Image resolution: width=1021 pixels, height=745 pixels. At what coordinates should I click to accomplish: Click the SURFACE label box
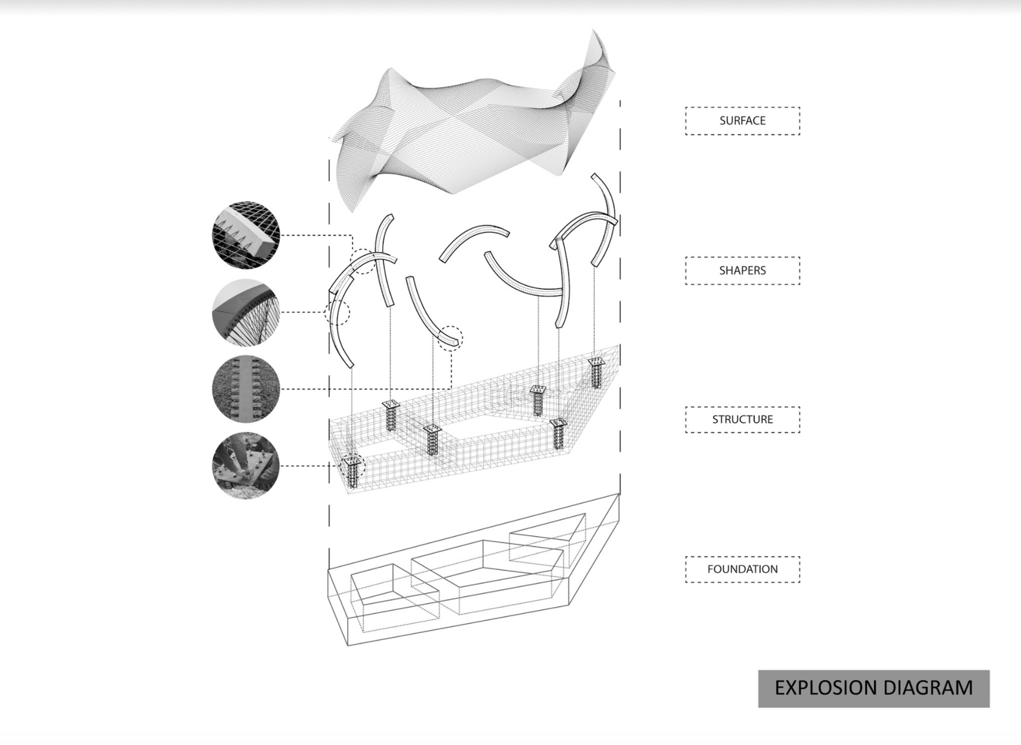click(742, 121)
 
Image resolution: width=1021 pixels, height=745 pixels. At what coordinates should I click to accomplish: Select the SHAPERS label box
click(742, 270)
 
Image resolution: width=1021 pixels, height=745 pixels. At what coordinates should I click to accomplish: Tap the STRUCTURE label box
click(742, 419)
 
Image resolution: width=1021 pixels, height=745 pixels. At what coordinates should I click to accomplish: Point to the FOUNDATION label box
click(742, 569)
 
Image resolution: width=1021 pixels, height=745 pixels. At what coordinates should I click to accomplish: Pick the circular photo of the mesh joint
click(246, 235)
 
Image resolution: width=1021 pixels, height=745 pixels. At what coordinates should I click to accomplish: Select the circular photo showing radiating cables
click(246, 312)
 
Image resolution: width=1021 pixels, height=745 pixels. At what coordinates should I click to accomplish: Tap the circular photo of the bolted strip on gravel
click(246, 389)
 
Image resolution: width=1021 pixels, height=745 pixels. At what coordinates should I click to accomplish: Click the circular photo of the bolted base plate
click(246, 465)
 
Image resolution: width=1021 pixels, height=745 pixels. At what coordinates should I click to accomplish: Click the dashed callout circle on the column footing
click(353, 465)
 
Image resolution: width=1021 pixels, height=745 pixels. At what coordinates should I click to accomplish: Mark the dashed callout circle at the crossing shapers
click(364, 261)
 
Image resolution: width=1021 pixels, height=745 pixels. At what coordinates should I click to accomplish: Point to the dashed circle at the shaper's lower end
click(450, 338)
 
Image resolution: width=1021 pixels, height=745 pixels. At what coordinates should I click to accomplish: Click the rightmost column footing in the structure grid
click(596, 373)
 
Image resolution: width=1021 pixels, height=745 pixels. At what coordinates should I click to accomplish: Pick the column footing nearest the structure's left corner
click(352, 472)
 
